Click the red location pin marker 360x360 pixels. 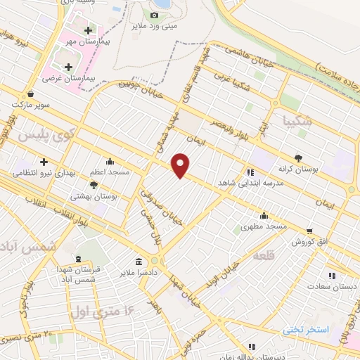(181, 165)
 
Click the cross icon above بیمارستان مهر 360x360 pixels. (88, 30)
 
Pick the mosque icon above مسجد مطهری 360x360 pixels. (264, 215)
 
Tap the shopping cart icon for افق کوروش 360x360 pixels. (310, 230)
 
